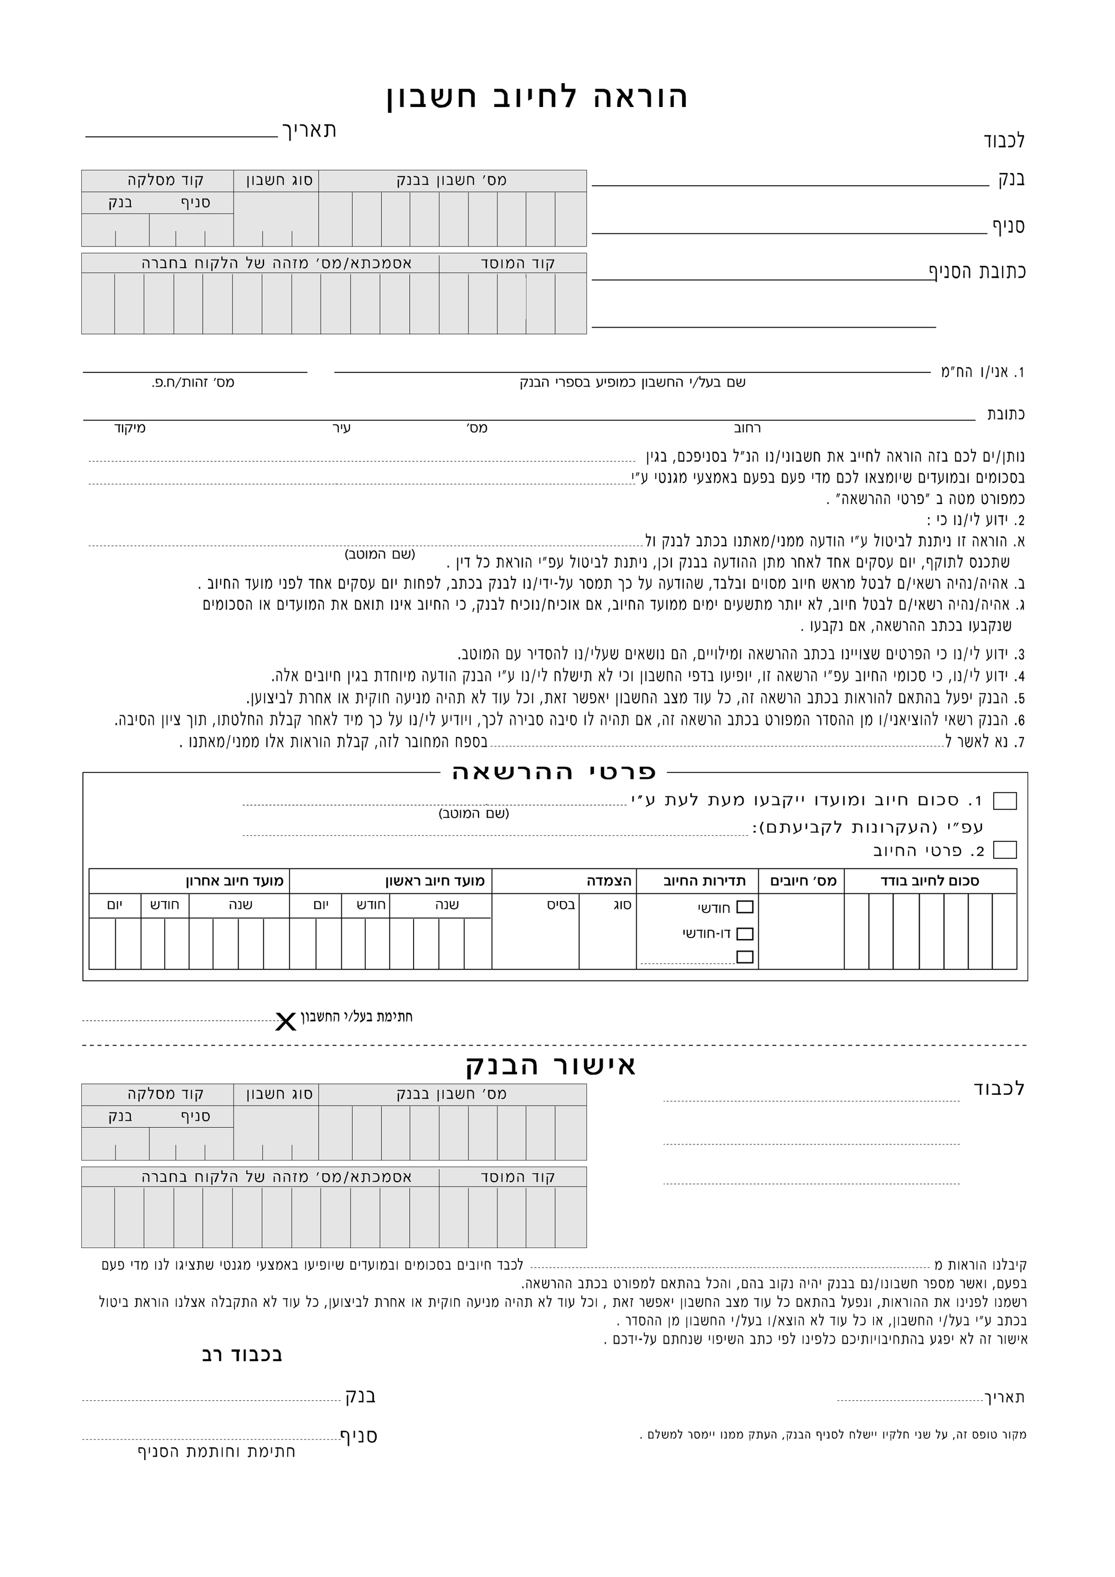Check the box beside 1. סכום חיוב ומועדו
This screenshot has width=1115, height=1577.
(x=1005, y=801)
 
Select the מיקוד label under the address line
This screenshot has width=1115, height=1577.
(x=130, y=429)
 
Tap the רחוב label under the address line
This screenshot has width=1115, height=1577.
(x=748, y=429)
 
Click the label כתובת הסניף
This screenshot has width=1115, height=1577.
(x=978, y=271)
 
